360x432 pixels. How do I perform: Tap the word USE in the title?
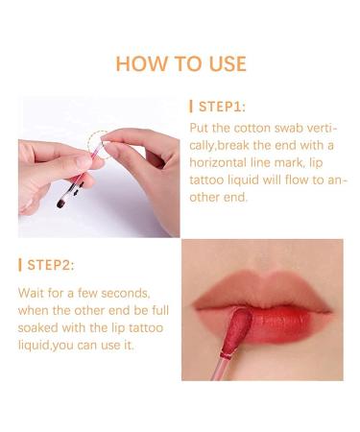(x=226, y=64)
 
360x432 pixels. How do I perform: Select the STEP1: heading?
(x=223, y=107)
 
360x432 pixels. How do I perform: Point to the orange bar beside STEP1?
(x=192, y=107)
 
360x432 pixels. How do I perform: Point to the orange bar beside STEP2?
(x=21, y=264)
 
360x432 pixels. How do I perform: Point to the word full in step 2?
(x=149, y=309)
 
